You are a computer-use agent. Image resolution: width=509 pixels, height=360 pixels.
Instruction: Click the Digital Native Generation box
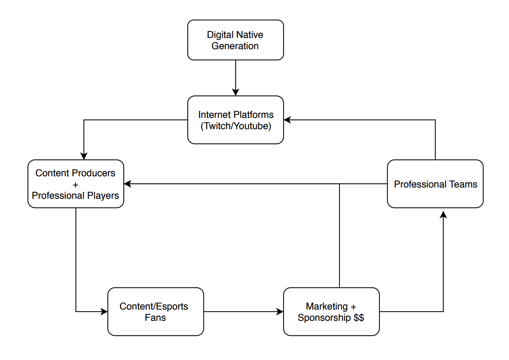click(x=235, y=40)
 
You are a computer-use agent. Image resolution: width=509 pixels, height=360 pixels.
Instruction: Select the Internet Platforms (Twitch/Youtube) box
click(x=235, y=120)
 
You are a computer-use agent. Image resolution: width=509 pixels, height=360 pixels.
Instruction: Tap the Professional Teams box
click(x=435, y=184)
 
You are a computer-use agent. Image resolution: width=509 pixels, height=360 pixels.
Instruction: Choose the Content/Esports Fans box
click(x=155, y=312)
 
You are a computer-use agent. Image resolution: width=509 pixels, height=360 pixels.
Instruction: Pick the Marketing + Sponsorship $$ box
click(x=331, y=312)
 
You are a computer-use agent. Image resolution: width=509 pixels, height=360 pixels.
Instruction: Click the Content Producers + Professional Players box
click(x=75, y=184)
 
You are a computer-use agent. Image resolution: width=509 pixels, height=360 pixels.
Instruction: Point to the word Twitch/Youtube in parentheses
click(x=236, y=126)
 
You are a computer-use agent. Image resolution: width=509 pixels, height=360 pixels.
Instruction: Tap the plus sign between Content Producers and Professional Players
click(x=75, y=184)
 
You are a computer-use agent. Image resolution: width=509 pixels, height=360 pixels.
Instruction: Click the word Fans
click(x=155, y=317)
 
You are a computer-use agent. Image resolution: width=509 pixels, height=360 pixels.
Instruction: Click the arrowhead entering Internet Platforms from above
click(x=236, y=92)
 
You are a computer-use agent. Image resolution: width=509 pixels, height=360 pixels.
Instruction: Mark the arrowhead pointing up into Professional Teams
click(x=443, y=215)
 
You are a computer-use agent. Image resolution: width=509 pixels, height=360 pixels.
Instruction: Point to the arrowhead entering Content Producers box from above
click(x=84, y=156)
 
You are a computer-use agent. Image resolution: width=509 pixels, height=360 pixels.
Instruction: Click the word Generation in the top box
click(x=235, y=46)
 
